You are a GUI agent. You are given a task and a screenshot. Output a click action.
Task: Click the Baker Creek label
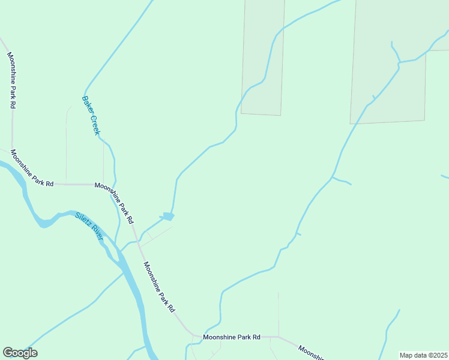[x=90, y=115]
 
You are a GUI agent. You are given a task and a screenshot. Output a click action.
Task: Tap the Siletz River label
[x=89, y=226]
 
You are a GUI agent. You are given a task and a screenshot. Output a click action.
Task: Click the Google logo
[x=20, y=353]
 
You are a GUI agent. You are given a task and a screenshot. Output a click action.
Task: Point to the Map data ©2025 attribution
[x=423, y=355]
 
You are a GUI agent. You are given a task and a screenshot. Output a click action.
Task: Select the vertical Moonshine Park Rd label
[x=11, y=80]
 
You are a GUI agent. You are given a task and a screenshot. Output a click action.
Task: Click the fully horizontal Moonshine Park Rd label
[x=231, y=337]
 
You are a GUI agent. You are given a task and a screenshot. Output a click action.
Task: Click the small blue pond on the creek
[x=167, y=216]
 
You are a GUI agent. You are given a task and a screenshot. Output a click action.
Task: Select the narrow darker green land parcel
[x=262, y=57]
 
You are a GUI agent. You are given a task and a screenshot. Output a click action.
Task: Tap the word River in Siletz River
[x=97, y=233]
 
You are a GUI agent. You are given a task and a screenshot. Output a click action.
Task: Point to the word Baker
[x=86, y=104]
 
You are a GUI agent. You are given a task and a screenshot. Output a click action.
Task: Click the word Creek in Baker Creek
[x=94, y=125]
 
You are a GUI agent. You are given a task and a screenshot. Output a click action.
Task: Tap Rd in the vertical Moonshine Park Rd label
[x=11, y=103]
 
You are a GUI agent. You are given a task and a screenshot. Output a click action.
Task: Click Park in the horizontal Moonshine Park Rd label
[x=240, y=337]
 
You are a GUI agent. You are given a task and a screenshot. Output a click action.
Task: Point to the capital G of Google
[x=8, y=353]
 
